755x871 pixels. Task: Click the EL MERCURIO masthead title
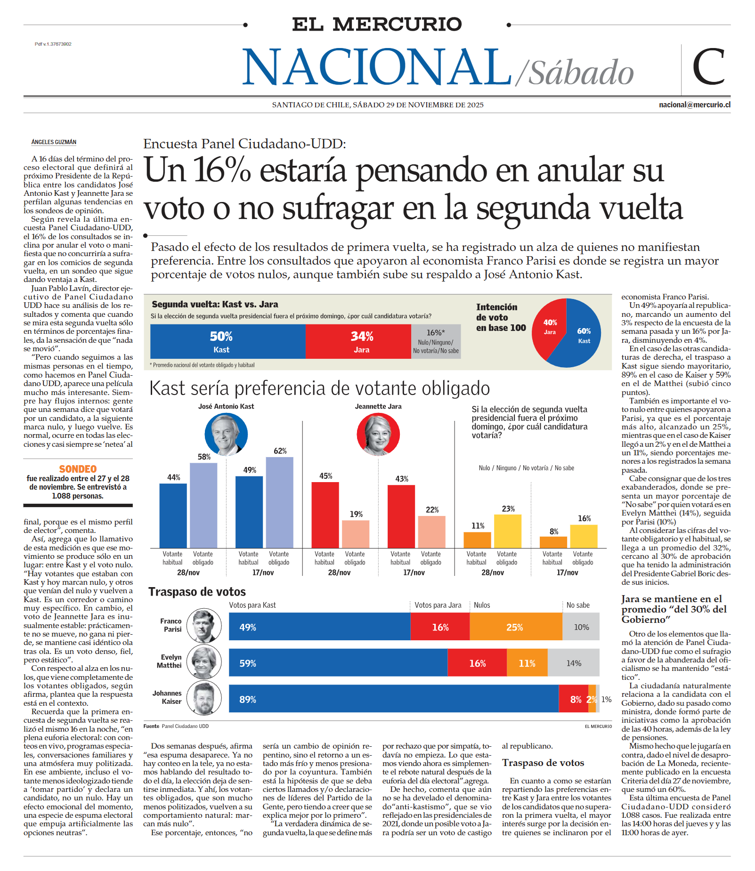point(377,24)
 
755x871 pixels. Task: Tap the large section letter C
point(708,67)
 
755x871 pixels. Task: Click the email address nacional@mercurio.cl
point(694,105)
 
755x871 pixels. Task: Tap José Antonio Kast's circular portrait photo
point(226,434)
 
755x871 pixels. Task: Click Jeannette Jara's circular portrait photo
point(378,434)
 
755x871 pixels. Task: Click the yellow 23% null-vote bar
point(507,531)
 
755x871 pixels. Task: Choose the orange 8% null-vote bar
point(553,542)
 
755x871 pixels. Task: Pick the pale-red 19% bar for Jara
point(356,534)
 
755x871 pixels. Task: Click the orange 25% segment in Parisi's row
point(515,627)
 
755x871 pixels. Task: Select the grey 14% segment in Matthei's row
point(573,663)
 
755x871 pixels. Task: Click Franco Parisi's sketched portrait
point(204,626)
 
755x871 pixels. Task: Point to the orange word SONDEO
point(78,469)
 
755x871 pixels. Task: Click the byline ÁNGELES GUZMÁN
point(54,142)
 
